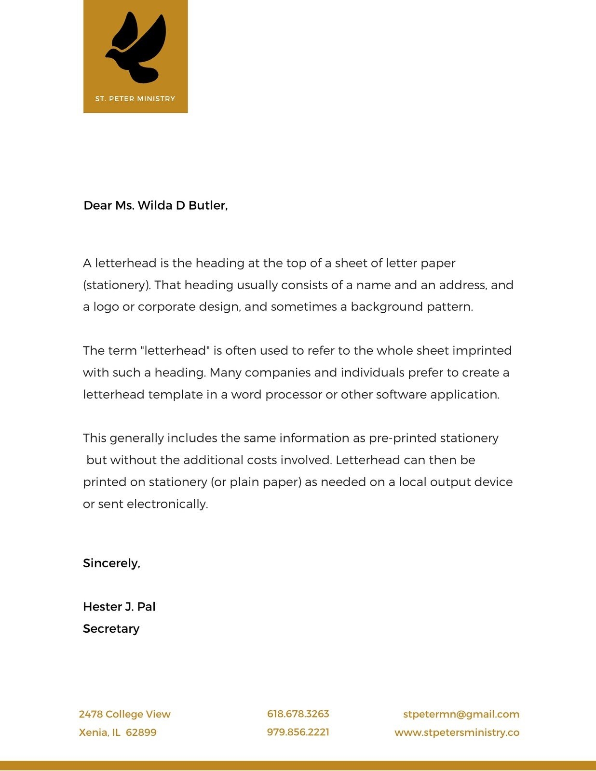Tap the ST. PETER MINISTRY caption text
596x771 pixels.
point(135,99)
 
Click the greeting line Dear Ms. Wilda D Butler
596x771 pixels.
point(155,206)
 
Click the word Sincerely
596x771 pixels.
point(111,563)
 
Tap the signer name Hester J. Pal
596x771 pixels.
point(119,607)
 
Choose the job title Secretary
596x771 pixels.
point(111,629)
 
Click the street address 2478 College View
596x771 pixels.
point(124,714)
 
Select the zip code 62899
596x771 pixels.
point(141,732)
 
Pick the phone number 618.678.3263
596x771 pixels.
point(298,714)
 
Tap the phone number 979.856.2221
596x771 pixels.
point(298,732)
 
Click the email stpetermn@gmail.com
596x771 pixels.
point(461,714)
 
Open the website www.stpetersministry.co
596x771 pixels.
point(457,732)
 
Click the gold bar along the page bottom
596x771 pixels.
point(298,766)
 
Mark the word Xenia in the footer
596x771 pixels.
point(93,732)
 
